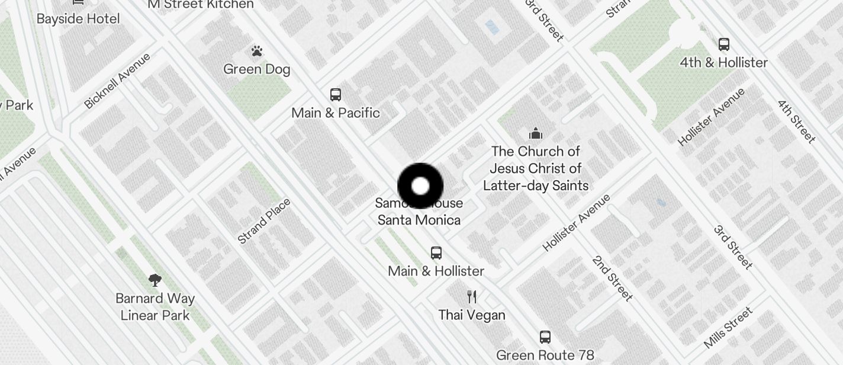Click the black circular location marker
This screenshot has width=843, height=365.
coord(420,186)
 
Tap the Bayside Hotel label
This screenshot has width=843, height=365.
coord(78,18)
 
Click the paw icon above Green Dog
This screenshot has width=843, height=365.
coord(256,52)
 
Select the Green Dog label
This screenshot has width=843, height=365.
coord(256,69)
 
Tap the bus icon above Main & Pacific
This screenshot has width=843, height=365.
coord(336,95)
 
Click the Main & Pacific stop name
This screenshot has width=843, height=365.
coord(336,113)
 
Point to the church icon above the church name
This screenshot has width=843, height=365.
coord(536,133)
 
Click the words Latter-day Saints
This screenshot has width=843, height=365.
coord(536,185)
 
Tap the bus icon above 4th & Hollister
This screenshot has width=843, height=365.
coord(723,44)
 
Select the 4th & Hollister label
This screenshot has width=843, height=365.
coord(723,62)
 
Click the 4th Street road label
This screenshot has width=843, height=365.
coord(796,121)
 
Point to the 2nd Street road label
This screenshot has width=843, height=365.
coord(613,278)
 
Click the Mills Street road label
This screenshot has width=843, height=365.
coord(728,327)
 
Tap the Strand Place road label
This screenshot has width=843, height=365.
coord(264,221)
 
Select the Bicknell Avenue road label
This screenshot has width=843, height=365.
coord(117,81)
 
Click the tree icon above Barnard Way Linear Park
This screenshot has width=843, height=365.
coord(155,280)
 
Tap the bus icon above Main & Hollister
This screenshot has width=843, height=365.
coord(436,253)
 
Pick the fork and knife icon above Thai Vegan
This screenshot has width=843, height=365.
coord(472,296)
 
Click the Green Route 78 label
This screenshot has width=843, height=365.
coord(545,355)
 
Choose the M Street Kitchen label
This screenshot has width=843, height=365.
coord(201,5)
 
